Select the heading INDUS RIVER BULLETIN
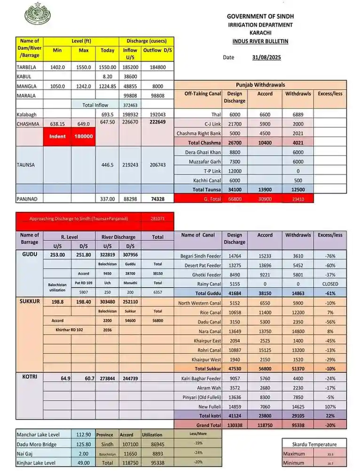260,41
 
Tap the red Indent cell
57,136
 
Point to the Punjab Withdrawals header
260,85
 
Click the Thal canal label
215,114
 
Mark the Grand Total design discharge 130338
234,424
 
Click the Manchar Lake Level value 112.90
83,435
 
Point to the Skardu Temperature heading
314,444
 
